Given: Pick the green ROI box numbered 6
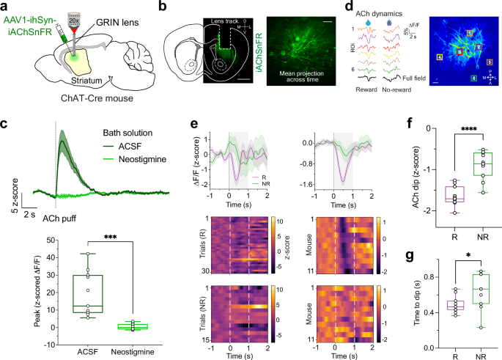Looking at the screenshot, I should (x=474, y=78).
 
